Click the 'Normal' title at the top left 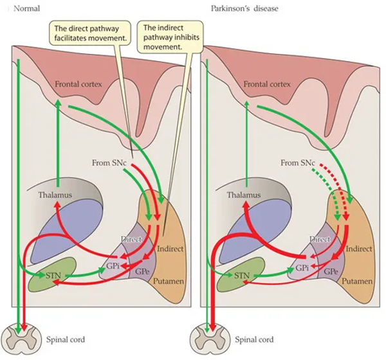(x=26, y=8)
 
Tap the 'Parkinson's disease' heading (x=244, y=8)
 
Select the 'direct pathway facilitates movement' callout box (x=90, y=33)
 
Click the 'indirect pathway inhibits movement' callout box (x=170, y=37)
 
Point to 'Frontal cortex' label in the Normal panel (x=78, y=84)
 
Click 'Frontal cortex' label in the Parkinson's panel (x=267, y=84)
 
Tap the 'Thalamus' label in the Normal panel (x=55, y=195)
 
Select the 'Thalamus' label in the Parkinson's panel (x=244, y=195)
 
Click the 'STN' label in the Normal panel (x=53, y=275)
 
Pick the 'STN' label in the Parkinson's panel (x=242, y=275)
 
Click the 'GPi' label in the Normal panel (x=113, y=266)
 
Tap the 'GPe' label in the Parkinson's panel (x=331, y=271)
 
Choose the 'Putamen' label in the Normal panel (x=169, y=281)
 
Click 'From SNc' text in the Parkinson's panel (x=298, y=163)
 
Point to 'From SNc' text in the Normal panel (x=109, y=163)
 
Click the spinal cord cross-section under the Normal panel (x=21, y=339)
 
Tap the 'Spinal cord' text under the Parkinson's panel (x=254, y=339)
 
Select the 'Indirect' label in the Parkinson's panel (x=359, y=249)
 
